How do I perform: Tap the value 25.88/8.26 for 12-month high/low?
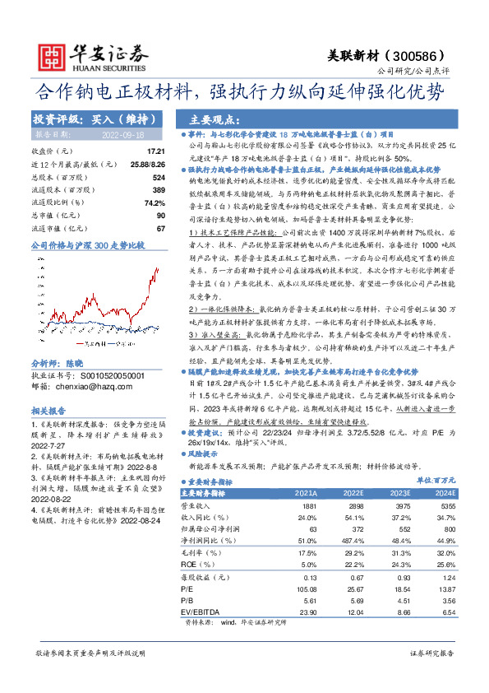(146, 164)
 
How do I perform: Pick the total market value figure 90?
(160, 214)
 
